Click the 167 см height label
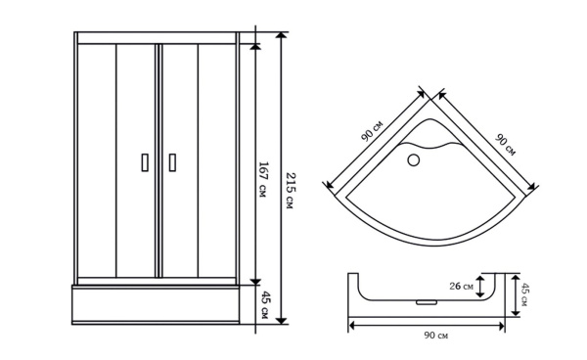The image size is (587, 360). (x=263, y=180)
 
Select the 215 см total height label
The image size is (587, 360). (x=291, y=191)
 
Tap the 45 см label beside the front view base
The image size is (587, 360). (x=264, y=304)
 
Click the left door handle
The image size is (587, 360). (x=145, y=162)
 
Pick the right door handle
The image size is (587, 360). (x=172, y=162)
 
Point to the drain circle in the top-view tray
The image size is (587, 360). (x=413, y=160)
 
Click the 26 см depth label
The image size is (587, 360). (x=461, y=287)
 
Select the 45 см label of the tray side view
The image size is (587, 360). (x=524, y=294)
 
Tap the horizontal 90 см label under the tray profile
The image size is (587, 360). (x=435, y=336)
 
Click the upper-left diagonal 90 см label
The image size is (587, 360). (x=372, y=131)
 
